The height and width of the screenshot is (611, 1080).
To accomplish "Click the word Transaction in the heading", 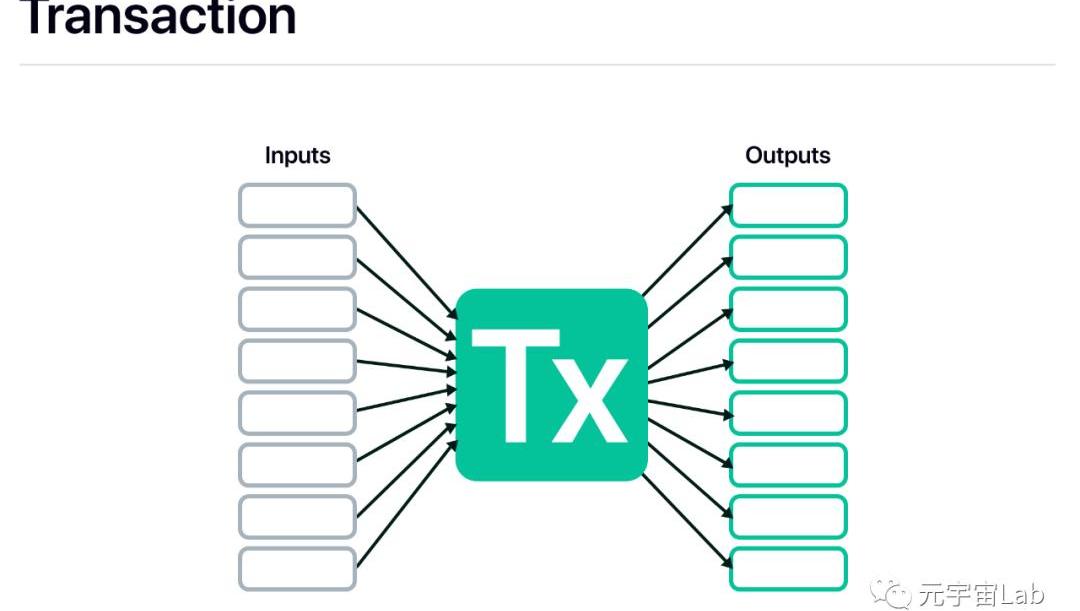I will click(158, 17).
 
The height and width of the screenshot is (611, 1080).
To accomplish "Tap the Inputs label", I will click(297, 156).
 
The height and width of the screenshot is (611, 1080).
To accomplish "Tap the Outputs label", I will click(788, 156).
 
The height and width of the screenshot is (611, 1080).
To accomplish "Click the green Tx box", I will click(551, 385).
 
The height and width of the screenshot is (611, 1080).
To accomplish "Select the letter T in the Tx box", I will click(515, 386).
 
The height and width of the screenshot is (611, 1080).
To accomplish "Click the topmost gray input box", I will click(297, 205).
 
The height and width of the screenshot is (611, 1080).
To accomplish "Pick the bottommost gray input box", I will click(297, 569).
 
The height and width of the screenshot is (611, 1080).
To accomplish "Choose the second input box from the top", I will click(297, 257).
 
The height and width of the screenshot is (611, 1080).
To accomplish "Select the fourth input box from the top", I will click(297, 361).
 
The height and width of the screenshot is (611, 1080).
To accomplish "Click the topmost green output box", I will click(788, 205).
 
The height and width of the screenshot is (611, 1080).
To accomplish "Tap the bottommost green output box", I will click(788, 569).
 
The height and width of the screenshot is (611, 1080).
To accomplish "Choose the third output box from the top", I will click(788, 309).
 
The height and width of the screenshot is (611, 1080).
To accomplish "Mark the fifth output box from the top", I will click(788, 413).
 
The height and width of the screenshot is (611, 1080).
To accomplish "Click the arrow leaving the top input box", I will click(405, 258).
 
